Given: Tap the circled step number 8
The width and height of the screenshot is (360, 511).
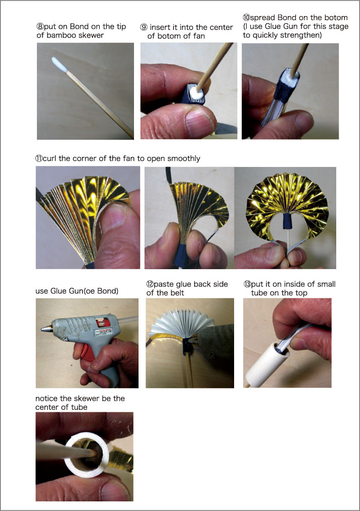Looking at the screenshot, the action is click(40, 27).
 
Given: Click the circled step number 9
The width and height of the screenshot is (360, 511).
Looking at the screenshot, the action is click(144, 27).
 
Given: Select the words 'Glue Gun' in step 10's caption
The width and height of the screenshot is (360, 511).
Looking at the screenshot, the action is click(280, 26).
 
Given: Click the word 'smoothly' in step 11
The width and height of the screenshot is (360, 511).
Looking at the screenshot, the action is click(184, 159).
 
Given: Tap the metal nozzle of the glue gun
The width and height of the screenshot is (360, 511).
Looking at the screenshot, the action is click(46, 328).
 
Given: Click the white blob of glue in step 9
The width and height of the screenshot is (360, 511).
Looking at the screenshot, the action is click(198, 94).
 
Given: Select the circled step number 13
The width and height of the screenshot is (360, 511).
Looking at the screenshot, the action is click(247, 284).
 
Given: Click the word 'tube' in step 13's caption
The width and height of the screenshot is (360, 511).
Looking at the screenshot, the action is click(259, 292).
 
